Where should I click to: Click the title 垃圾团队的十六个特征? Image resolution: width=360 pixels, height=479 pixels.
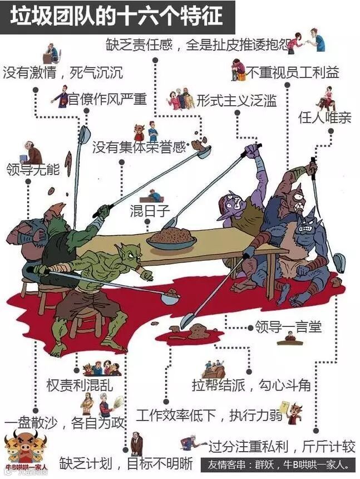117,16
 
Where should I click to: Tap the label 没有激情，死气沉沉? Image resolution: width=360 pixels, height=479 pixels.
63,73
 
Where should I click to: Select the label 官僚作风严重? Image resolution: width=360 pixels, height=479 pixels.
107,100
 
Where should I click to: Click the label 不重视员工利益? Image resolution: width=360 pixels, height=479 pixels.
292,72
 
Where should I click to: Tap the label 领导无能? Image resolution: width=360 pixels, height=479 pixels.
32,169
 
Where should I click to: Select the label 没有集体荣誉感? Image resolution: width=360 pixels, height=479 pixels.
138,147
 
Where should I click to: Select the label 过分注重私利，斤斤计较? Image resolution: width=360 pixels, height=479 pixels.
281,447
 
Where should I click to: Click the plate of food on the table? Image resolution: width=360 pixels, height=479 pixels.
171,238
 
